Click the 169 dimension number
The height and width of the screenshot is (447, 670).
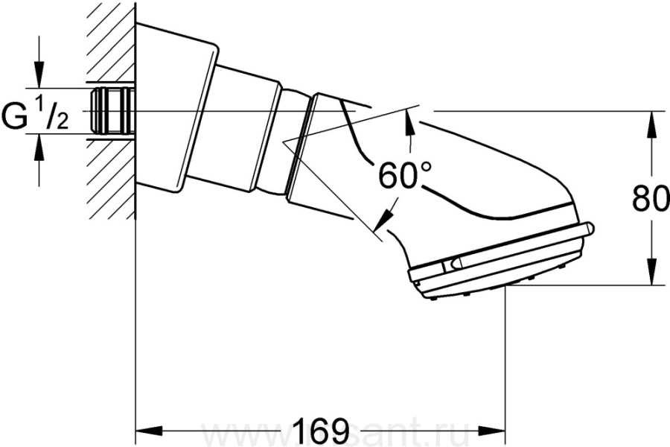click(x=321, y=430)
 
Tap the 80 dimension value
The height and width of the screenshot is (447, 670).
click(x=650, y=200)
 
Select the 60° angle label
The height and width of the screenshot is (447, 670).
click(x=404, y=177)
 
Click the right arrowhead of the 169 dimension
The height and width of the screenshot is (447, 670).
click(x=495, y=431)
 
